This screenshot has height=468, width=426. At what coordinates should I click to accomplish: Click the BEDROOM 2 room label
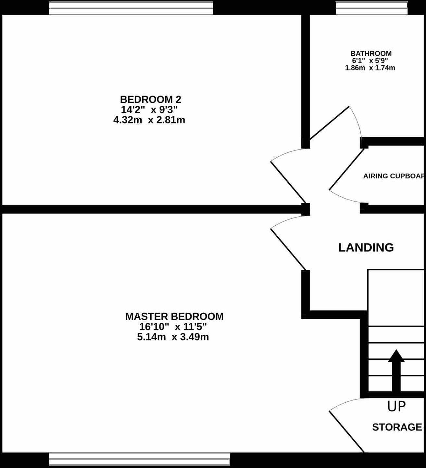point(150,100)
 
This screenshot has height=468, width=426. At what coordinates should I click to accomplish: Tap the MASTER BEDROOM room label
point(174,317)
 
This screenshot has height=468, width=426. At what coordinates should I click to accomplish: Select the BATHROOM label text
point(371,53)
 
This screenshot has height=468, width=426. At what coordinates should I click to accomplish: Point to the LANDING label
point(366,248)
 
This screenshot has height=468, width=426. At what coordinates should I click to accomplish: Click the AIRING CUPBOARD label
point(394,176)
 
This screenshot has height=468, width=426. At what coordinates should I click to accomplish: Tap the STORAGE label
point(397,427)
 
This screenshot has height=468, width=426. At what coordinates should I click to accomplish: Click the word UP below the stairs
point(396,406)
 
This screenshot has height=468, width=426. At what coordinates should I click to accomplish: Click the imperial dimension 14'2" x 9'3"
point(149,110)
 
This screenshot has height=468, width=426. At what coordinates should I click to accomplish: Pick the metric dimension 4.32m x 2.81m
point(149,120)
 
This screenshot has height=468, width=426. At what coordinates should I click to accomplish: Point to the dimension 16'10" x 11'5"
point(173,327)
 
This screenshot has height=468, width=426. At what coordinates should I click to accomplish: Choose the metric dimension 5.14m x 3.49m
point(173,337)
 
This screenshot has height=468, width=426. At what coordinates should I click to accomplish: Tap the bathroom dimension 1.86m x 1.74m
point(370,68)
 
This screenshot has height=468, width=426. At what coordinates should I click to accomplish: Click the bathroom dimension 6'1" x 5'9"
point(370,61)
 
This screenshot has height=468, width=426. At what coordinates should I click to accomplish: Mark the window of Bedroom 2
point(131,8)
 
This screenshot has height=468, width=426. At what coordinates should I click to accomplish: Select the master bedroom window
point(139,459)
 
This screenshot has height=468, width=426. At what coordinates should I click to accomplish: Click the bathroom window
point(372,8)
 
